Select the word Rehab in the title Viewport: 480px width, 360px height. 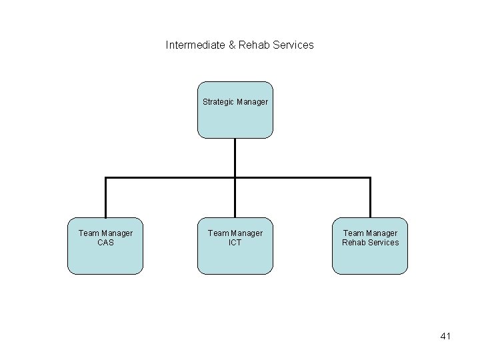[x=254, y=45]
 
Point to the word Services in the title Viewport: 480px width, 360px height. [x=292, y=45]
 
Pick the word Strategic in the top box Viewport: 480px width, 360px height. [x=218, y=102]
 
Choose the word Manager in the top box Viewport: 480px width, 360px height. [x=252, y=102]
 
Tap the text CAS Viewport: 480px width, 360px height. [x=105, y=243]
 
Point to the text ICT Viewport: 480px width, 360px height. [x=235, y=243]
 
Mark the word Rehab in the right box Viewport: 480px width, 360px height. [x=354, y=243]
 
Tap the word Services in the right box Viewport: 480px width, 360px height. [x=383, y=243]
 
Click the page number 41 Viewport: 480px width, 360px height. [x=445, y=337]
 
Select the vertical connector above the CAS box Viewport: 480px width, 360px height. [x=105, y=198]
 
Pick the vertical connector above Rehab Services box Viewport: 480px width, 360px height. [x=370, y=198]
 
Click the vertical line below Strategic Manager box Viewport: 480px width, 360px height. [x=235, y=157]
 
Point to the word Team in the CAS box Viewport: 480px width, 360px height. [x=89, y=233]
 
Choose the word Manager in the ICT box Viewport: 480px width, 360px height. [x=245, y=233]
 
